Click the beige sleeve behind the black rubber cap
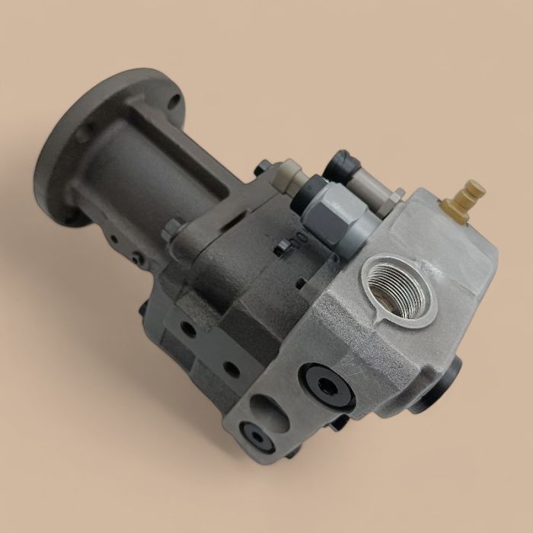click(363, 183)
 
